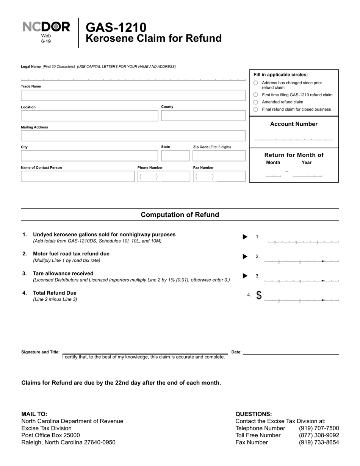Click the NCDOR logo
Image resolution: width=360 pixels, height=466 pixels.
point(46,27)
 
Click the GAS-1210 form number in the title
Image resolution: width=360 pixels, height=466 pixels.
point(116,27)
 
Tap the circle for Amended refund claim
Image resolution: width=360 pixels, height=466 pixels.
point(255,102)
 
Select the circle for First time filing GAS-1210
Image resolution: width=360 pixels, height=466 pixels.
point(255,95)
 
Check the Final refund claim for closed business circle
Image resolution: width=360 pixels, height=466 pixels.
point(255,109)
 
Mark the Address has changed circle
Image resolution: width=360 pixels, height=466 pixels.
point(255,83)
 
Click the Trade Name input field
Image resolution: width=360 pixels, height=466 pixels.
point(133,95)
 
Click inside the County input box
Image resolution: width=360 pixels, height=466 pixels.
point(203,116)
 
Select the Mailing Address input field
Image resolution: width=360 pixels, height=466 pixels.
point(133,136)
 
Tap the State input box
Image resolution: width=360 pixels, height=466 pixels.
point(175,156)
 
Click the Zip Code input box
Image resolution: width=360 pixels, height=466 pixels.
point(219,156)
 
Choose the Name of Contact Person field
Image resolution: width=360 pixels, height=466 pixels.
point(77,177)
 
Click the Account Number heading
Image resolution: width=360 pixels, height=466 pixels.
point(294,124)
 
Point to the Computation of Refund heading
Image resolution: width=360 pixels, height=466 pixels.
point(180,215)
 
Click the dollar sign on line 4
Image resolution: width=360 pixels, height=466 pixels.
point(259,296)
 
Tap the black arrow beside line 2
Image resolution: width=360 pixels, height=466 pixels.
point(245,256)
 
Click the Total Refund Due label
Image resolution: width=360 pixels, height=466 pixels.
point(55,293)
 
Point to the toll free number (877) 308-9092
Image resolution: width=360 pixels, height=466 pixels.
point(319,435)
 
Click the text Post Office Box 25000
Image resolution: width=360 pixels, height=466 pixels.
point(50,435)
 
